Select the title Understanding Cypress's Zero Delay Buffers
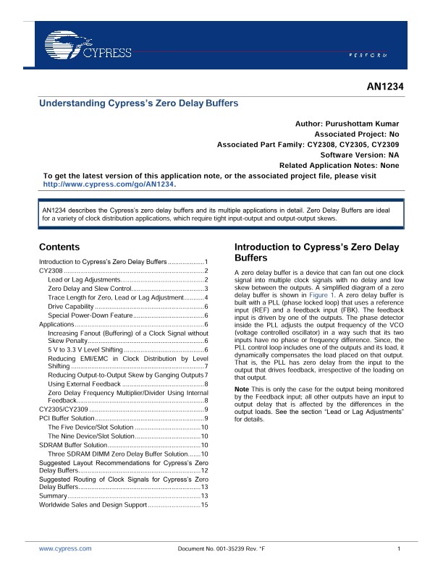tap(138, 103)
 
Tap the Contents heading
tap(59, 247)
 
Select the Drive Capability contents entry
tap(71, 307)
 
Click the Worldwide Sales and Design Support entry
tap(92, 504)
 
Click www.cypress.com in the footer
tap(65, 549)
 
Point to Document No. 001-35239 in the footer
tap(221, 549)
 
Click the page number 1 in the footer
tap(399, 549)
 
